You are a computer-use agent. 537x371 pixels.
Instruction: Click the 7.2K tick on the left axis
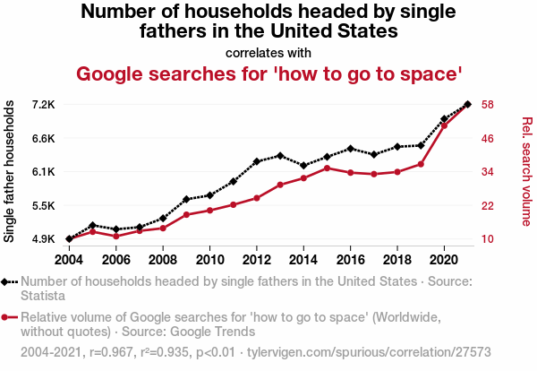click(x=43, y=104)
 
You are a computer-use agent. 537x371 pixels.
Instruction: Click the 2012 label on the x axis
click(x=256, y=260)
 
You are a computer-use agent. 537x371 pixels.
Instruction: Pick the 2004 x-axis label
click(x=69, y=260)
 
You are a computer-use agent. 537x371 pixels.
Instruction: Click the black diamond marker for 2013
click(x=280, y=156)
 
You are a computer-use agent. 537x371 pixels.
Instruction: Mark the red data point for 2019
click(x=421, y=164)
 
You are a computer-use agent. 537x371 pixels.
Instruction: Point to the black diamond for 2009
click(x=186, y=199)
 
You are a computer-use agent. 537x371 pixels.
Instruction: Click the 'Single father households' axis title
click(x=10, y=171)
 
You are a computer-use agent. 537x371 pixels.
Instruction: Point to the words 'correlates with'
click(x=268, y=52)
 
